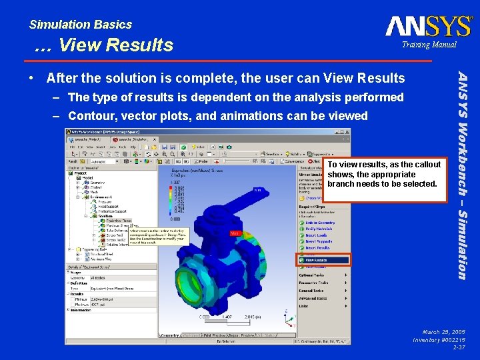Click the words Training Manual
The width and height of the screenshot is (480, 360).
[428, 45]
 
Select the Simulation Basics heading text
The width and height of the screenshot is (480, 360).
[80, 25]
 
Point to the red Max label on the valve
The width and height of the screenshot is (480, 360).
[235, 233]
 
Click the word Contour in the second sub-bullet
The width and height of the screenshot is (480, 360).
[91, 116]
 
